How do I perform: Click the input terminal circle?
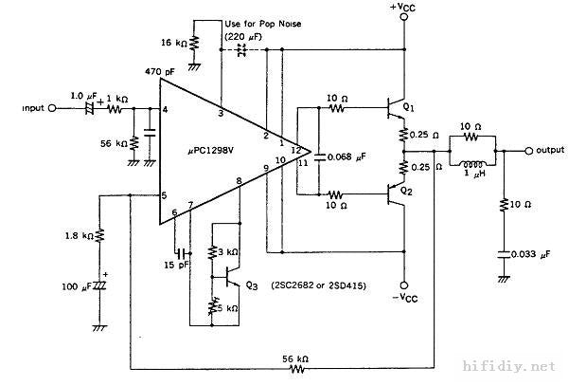coord(52,108)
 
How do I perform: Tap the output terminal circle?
coord(529,151)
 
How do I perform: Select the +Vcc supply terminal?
coord(404,17)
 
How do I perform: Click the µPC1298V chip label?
coord(211,151)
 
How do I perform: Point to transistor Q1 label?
coord(408,107)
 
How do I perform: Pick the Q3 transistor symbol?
coord(233,278)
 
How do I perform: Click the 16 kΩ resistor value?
coord(174,43)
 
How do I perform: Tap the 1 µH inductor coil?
coord(472,164)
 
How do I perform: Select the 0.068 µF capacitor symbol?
coord(319,157)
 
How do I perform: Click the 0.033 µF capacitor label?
coord(530,255)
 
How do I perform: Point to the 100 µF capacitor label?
coord(77,287)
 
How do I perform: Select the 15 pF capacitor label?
coord(176,266)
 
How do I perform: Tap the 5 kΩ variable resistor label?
coord(227,308)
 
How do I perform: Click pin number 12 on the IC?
coord(296,150)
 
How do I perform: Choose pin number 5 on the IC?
coord(164,196)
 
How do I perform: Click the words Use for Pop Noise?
coord(263,24)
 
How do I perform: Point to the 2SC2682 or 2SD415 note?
coord(319,285)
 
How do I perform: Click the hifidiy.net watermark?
coord(509,366)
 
